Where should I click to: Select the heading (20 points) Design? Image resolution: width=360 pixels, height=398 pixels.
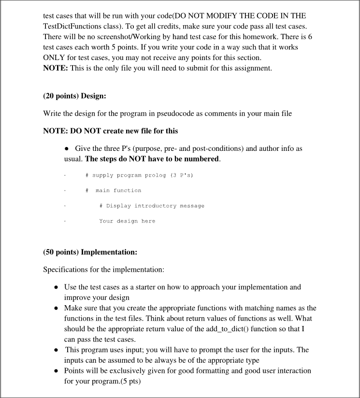click(x=74, y=96)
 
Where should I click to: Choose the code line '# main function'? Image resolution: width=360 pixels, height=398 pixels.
click(x=114, y=191)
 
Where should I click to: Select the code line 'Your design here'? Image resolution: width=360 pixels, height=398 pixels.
click(x=127, y=221)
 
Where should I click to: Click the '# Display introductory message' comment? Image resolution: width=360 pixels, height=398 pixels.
click(x=152, y=206)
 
